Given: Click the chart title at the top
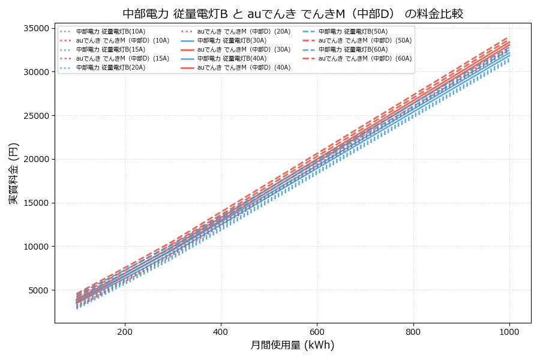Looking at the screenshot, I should tap(293, 14).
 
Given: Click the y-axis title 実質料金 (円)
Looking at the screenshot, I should tap(14, 173).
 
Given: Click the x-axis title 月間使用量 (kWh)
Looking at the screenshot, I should tap(292, 346).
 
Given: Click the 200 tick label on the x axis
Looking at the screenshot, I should tap(125, 331).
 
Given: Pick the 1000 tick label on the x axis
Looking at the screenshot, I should tap(509, 331).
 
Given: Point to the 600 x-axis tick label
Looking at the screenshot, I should tap(317, 331).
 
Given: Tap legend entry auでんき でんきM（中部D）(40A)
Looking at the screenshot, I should tap(244, 68).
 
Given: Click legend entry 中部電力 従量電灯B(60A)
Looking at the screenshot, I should tap(353, 49).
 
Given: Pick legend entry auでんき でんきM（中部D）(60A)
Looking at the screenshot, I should tap(365, 58).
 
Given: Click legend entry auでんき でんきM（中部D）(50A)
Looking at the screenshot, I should tap(365, 40).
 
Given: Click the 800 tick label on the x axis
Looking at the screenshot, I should tap(413, 331).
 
